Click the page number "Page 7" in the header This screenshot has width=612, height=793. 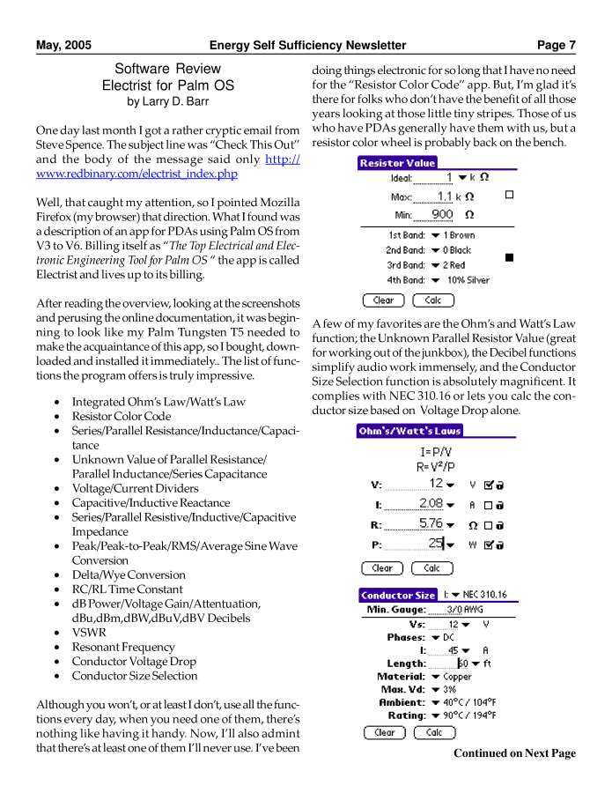557,45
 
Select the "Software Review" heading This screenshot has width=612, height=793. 167,69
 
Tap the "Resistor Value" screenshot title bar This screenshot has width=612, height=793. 397,163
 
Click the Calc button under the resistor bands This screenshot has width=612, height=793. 432,300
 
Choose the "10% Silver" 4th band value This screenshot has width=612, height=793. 468,280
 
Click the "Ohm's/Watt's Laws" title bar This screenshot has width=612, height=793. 409,431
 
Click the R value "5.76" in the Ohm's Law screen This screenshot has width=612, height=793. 431,524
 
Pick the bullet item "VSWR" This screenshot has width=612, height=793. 90,633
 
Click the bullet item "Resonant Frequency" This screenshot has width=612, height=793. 123,648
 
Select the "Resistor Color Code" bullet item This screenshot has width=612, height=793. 122,417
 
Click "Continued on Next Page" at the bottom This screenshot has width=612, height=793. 514,753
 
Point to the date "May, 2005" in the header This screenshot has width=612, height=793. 63,45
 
